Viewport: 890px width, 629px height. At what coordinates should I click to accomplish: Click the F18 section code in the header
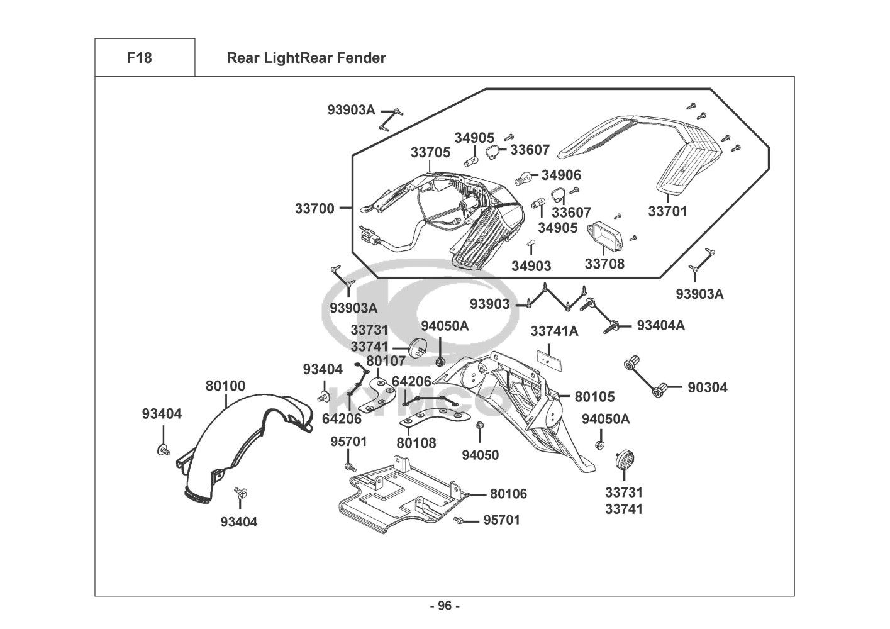click(x=139, y=58)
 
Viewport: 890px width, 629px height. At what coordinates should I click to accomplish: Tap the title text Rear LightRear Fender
click(x=306, y=58)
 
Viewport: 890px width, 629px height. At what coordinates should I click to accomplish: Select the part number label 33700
click(x=314, y=208)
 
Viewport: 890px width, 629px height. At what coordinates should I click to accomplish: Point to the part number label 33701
click(x=667, y=211)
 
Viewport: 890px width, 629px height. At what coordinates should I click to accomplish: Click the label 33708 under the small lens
click(x=604, y=264)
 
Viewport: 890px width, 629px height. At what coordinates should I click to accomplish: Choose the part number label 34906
click(x=561, y=175)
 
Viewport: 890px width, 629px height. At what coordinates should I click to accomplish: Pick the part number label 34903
click(x=531, y=266)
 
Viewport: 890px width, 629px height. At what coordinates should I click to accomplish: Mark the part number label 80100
click(x=225, y=386)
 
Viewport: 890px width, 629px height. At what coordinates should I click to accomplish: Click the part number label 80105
click(x=594, y=397)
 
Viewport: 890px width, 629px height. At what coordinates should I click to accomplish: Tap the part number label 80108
click(x=416, y=443)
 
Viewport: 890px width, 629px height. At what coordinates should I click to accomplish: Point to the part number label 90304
click(x=707, y=387)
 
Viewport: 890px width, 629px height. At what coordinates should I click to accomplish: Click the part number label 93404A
click(x=660, y=325)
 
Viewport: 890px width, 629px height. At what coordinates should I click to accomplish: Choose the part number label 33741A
click(x=554, y=331)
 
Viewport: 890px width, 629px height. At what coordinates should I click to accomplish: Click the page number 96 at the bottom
click(x=445, y=606)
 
